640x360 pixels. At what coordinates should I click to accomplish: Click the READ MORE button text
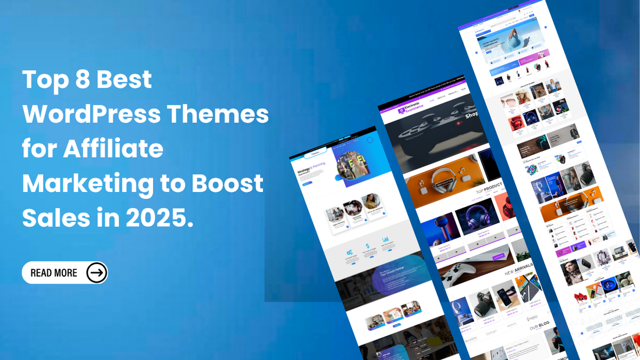(x=54, y=272)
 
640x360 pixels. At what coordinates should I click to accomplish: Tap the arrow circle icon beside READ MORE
(x=97, y=272)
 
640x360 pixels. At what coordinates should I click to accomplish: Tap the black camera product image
(x=483, y=299)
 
